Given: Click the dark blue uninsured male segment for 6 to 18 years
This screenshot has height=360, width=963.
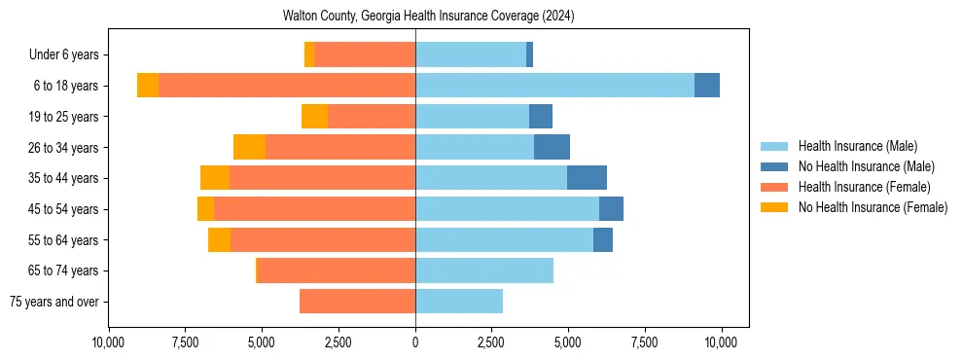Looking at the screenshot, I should (707, 86).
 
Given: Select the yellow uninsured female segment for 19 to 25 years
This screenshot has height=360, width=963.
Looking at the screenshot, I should (314, 117).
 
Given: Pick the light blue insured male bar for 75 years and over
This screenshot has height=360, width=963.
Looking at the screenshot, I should (459, 302).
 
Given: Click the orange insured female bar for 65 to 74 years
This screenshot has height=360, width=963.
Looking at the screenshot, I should (337, 270).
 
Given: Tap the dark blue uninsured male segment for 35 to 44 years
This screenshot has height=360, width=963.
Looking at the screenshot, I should (587, 178).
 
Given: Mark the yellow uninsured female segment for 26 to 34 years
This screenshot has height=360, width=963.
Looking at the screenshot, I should (249, 147).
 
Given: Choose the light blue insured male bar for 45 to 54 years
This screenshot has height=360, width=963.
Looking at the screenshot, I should (507, 209).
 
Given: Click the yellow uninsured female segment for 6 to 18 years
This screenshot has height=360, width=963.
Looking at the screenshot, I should (148, 86).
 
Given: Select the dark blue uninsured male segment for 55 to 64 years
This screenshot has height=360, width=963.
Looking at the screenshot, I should (603, 239).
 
